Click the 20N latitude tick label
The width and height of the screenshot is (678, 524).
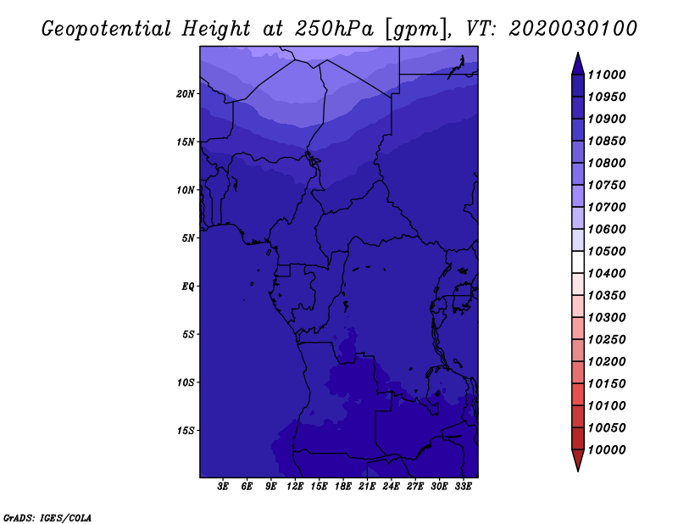pos(186,93)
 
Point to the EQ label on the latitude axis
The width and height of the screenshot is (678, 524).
pos(188,287)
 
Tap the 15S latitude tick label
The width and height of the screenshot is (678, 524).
pos(186,431)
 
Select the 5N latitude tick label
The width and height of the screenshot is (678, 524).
pos(188,238)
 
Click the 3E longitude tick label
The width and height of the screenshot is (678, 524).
pos(223,487)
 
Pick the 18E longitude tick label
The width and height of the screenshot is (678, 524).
pos(343,487)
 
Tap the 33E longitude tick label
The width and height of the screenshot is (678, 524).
pos(463,487)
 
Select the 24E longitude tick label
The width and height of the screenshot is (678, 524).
pos(391,487)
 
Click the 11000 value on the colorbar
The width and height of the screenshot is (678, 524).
pos(607,75)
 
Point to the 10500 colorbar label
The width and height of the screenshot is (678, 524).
pos(607,251)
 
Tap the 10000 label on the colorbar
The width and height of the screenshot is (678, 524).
pos(607,450)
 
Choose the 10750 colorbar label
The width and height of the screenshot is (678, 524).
pos(607,185)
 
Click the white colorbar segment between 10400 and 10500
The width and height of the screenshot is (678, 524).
pos(578,262)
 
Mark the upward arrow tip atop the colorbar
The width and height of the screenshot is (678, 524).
pos(578,53)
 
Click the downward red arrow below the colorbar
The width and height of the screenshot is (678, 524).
pos(578,460)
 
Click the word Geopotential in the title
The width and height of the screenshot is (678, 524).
pos(107,30)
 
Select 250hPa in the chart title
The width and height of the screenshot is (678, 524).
pos(334,29)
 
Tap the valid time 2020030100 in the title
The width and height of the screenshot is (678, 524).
pos(573,29)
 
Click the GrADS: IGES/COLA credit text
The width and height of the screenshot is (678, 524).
pos(47,517)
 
